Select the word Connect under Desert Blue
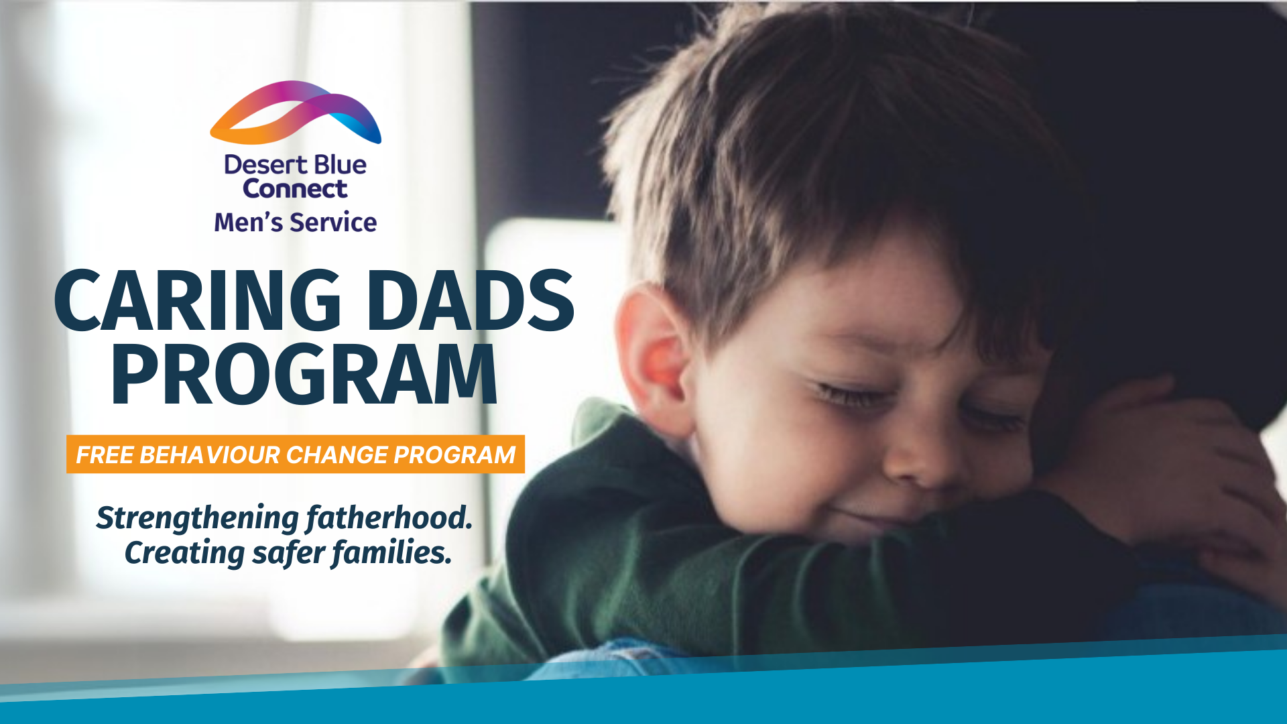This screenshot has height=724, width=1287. pos(295,189)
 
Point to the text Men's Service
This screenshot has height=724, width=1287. pos(295,223)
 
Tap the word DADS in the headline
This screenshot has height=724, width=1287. pos(470,301)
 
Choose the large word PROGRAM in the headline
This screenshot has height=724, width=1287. pos(304,375)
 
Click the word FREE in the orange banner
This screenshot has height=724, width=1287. pos(105,455)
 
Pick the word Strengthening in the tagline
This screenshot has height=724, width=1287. pos(198,518)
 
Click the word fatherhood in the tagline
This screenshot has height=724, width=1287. pos(389,518)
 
